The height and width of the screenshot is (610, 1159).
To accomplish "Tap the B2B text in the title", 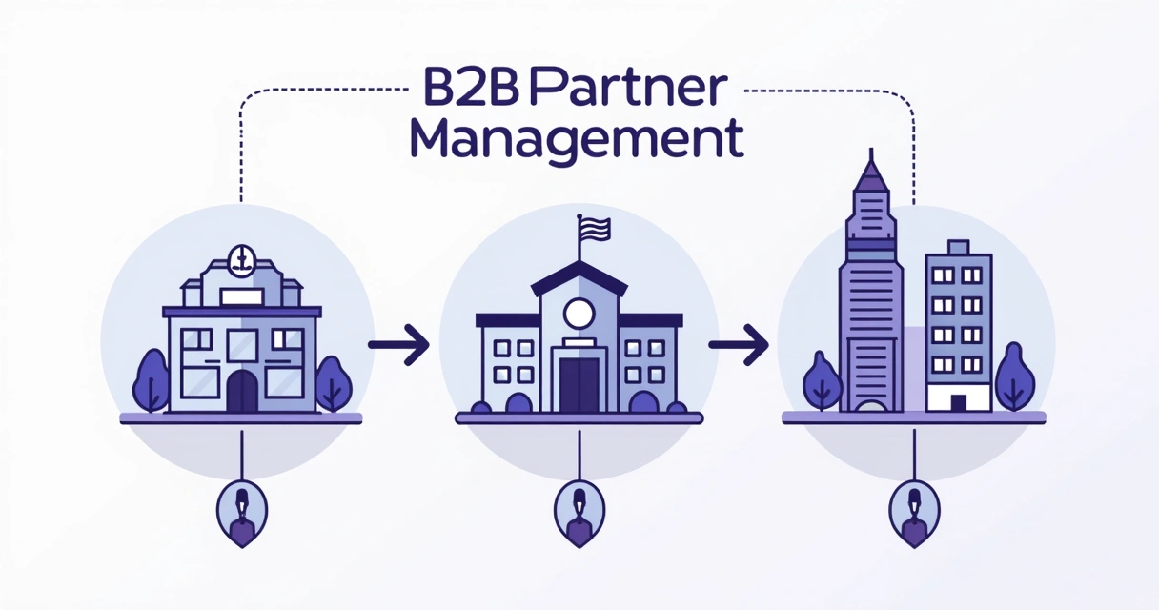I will pos(458,91).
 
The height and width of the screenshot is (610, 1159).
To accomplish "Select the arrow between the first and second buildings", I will pos(399,343).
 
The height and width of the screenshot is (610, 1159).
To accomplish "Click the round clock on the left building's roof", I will pos(241,257).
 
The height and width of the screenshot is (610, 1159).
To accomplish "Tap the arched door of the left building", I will pos(242,391).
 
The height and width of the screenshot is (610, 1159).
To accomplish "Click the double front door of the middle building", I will pos(579,383).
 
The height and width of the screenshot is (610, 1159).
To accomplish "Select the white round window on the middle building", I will pos(579,312).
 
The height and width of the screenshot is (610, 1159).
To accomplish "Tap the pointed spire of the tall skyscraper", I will pos(871,172).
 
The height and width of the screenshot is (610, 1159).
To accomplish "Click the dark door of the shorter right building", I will pos(958,402).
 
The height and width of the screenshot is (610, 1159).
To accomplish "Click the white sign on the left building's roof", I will pos(241,296).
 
